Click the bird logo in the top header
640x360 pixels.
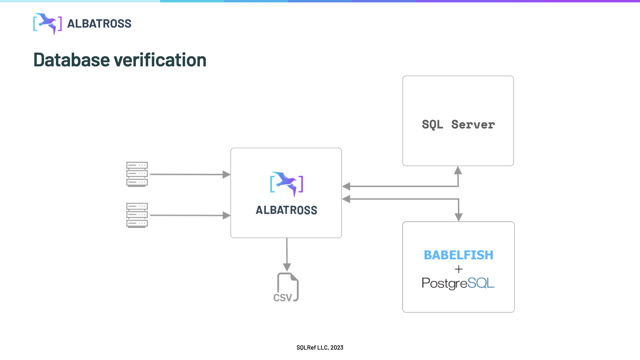pos(48,24)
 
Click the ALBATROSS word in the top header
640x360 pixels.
pos(99,24)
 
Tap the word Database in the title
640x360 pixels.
pos(72,60)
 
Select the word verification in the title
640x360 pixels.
pos(160,60)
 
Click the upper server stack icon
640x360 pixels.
pos(137,174)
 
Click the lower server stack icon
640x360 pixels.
pos(137,215)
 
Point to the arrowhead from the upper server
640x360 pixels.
pos(227,174)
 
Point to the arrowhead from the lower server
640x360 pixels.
pos(227,215)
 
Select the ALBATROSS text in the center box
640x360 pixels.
pos(286,210)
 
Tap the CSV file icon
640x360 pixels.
pos(287,287)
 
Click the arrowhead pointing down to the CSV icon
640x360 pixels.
pos(287,267)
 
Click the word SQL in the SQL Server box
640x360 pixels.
pos(432,125)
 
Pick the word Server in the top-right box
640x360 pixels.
pos(473,125)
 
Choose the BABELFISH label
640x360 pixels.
pos(458,255)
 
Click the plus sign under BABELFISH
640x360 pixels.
pos(459,269)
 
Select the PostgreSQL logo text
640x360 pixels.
pos(458,283)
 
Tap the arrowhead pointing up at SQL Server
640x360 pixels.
pos(458,170)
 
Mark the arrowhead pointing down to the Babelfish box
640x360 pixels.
pos(459,217)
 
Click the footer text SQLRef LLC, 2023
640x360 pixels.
pos(320,348)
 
